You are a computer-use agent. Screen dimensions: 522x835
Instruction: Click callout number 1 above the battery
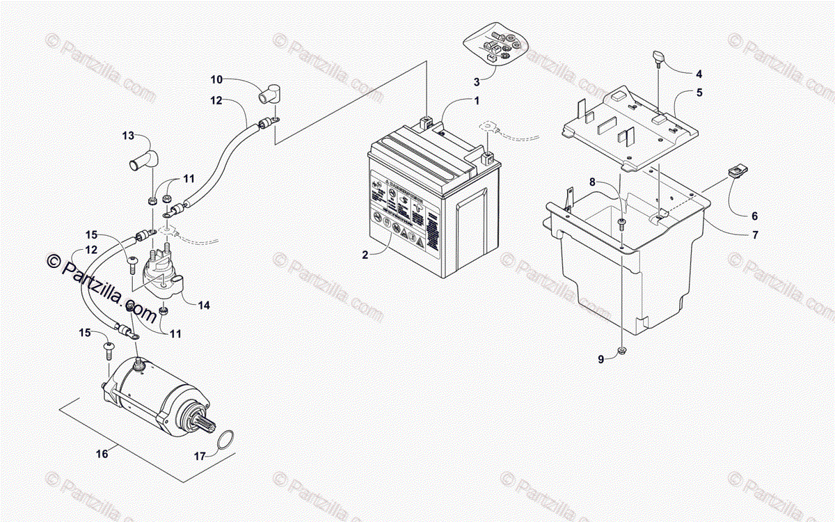(477, 100)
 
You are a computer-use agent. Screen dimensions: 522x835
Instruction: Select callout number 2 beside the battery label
(364, 255)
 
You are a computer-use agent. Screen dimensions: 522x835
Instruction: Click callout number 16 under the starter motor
(102, 454)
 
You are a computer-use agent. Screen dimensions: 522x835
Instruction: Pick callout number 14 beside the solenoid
(203, 305)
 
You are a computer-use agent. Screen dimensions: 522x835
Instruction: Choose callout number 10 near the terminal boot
(216, 79)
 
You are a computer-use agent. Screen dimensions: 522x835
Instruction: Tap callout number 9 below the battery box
(601, 359)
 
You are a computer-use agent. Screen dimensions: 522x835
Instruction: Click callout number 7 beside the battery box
(754, 235)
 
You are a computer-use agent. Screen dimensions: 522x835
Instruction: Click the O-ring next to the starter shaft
(224, 440)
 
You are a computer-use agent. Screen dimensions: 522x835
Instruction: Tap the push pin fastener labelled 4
(658, 58)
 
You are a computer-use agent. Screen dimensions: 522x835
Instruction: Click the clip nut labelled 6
(734, 171)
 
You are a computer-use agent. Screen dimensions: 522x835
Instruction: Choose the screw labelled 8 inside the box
(621, 223)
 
